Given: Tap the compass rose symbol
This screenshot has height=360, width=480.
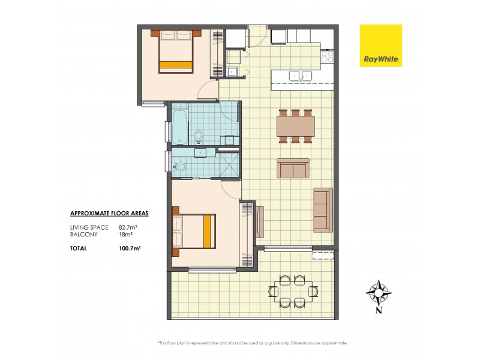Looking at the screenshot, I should pyautogui.click(x=379, y=292).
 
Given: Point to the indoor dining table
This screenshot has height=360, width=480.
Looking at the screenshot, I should pyautogui.click(x=295, y=126).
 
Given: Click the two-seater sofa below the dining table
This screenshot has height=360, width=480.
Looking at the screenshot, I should pyautogui.click(x=293, y=169).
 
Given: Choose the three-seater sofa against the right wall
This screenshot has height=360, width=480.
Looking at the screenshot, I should pyautogui.click(x=322, y=209).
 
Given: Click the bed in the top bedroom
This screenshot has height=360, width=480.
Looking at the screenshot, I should pyautogui.click(x=176, y=52).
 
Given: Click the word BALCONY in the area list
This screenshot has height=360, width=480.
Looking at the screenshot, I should pyautogui.click(x=82, y=235).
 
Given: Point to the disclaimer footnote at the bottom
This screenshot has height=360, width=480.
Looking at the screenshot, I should pyautogui.click(x=253, y=343).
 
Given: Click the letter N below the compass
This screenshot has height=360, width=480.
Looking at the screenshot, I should pyautogui.click(x=379, y=310).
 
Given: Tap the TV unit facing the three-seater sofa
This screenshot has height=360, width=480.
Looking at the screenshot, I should pyautogui.click(x=259, y=221).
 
